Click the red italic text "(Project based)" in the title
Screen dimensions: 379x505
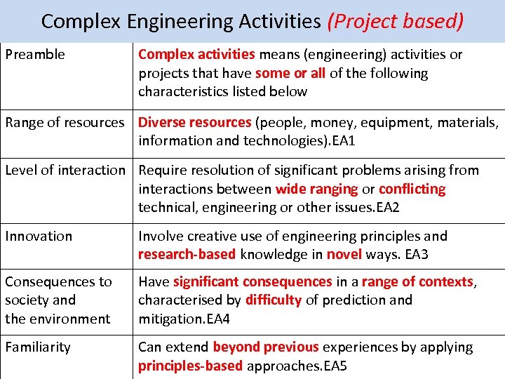[x=395, y=21]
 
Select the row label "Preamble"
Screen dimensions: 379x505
[x=35, y=55]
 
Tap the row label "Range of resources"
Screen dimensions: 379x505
[x=65, y=123]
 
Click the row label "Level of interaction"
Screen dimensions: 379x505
[x=65, y=171]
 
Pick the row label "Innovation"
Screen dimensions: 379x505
[x=39, y=237]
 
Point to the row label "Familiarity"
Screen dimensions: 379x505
[x=38, y=347]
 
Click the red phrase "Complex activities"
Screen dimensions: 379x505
[x=196, y=55]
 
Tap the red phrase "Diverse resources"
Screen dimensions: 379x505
[x=194, y=123]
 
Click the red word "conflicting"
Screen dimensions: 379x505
[x=412, y=189]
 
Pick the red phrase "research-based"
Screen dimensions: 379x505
[x=187, y=255]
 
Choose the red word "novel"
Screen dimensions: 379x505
[x=344, y=255]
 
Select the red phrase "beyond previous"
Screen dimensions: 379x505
[x=265, y=347]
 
